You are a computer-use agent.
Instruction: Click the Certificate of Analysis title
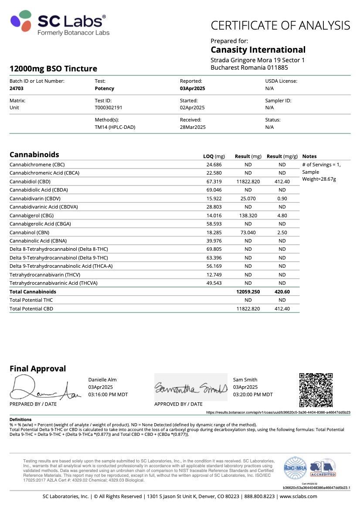[280, 25]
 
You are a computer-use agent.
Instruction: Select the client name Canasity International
[258, 50]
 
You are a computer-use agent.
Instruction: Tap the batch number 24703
[16, 88]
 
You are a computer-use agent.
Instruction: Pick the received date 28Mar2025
[193, 127]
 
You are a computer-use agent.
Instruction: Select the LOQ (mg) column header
[214, 156]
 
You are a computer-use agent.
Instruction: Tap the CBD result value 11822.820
[248, 182]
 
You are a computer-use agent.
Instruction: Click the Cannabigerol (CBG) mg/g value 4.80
[282, 216]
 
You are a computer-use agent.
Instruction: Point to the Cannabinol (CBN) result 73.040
[248, 233]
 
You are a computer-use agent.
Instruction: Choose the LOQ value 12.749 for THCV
[215, 275]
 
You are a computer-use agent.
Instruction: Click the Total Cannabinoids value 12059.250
[248, 292]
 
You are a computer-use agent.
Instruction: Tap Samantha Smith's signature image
[191, 387]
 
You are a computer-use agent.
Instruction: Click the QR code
[316, 390]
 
